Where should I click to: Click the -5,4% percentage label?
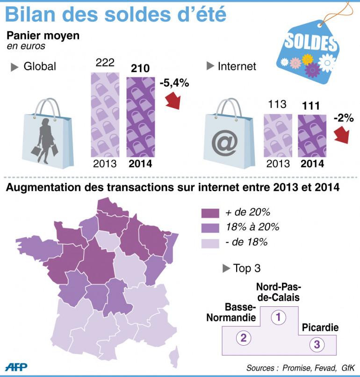173,83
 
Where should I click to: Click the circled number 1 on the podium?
279,317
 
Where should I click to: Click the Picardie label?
320,327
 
